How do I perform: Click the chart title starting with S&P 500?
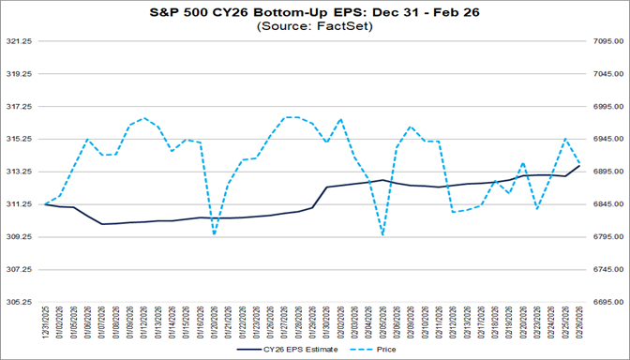[x=314, y=12]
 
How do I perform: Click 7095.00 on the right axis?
[x=607, y=42]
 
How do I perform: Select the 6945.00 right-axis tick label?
[x=607, y=140]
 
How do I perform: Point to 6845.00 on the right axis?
[x=607, y=204]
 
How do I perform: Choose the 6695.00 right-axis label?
[x=607, y=302]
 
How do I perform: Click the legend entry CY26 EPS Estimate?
[x=287, y=349]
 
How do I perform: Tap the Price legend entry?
[x=380, y=349]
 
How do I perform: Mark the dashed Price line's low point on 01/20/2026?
[x=215, y=233]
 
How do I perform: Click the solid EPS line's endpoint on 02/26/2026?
[x=579, y=166]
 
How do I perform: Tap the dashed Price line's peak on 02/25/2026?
[x=565, y=139]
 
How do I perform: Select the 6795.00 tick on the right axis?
[x=607, y=237]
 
